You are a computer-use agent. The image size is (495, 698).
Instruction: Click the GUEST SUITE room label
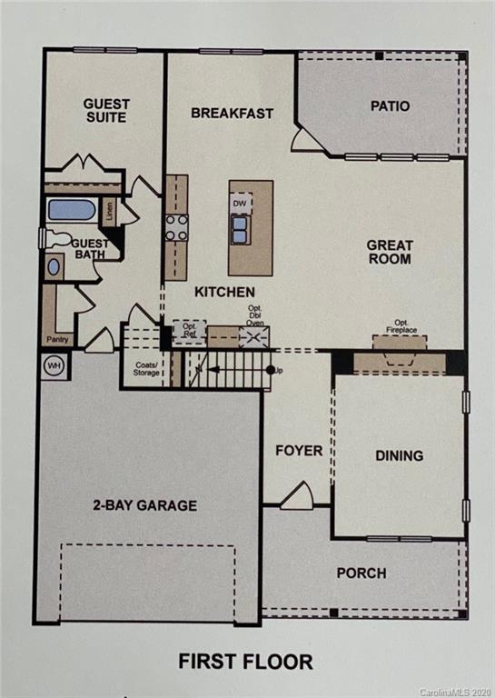coord(106,111)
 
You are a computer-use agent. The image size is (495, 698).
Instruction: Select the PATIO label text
coord(390,106)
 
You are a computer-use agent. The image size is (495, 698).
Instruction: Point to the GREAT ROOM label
coord(390,252)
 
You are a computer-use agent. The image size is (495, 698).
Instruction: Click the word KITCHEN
coord(224,292)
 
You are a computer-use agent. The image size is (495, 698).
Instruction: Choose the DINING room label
coord(399,455)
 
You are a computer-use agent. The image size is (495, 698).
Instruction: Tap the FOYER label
coord(299,451)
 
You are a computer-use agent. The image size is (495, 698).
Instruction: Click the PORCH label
coord(361,573)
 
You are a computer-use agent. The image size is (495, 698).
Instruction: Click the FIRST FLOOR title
coord(247,662)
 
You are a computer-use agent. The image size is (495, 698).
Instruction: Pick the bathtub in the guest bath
coord(71,210)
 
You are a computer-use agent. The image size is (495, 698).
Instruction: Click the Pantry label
coord(56,340)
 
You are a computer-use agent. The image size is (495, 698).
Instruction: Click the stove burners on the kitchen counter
coord(176,227)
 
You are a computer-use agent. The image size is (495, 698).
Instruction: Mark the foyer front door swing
coord(297,497)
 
